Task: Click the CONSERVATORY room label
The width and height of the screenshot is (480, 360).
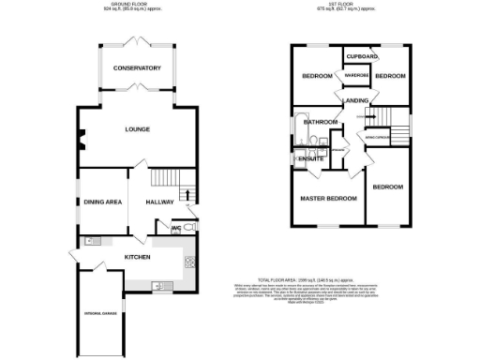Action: click(x=138, y=68)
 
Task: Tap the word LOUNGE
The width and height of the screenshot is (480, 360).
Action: click(x=138, y=130)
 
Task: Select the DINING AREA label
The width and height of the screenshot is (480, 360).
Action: click(x=103, y=202)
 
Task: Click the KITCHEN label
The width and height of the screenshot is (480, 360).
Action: click(x=138, y=256)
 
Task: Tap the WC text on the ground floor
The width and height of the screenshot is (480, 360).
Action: click(x=175, y=227)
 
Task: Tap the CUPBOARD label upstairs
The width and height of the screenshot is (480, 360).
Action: click(x=361, y=56)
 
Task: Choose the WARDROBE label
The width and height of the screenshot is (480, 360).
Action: click(x=355, y=76)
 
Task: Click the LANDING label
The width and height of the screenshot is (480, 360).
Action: click(x=355, y=100)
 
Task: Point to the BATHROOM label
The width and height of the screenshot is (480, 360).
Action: click(x=320, y=122)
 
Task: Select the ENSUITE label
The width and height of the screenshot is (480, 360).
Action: click(x=310, y=159)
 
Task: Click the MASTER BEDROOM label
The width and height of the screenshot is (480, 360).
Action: click(x=328, y=199)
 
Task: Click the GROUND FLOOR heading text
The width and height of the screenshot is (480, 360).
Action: click(x=138, y=5)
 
